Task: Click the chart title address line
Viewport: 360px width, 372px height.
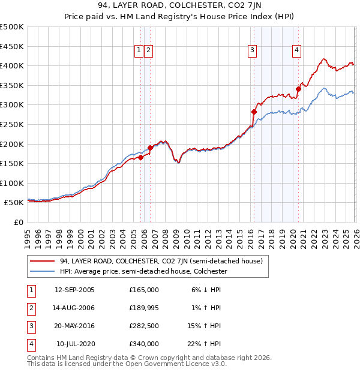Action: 179,7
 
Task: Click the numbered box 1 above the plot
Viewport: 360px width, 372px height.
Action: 139,51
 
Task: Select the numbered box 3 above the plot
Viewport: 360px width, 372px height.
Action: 253,51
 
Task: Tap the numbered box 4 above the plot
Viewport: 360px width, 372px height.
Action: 297,51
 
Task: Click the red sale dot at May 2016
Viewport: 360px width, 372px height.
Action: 254,112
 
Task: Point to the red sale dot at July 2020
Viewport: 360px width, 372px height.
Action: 298,89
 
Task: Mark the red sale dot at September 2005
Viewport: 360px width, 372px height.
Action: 140,158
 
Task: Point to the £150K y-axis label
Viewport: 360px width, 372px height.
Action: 12,163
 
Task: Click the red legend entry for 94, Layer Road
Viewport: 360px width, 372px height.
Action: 161,261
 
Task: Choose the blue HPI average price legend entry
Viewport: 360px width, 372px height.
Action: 143,272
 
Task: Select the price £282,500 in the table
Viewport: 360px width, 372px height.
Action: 144,327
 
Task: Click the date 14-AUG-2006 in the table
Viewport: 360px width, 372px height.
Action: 74,308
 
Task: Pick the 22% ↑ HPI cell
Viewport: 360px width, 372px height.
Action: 204,344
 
